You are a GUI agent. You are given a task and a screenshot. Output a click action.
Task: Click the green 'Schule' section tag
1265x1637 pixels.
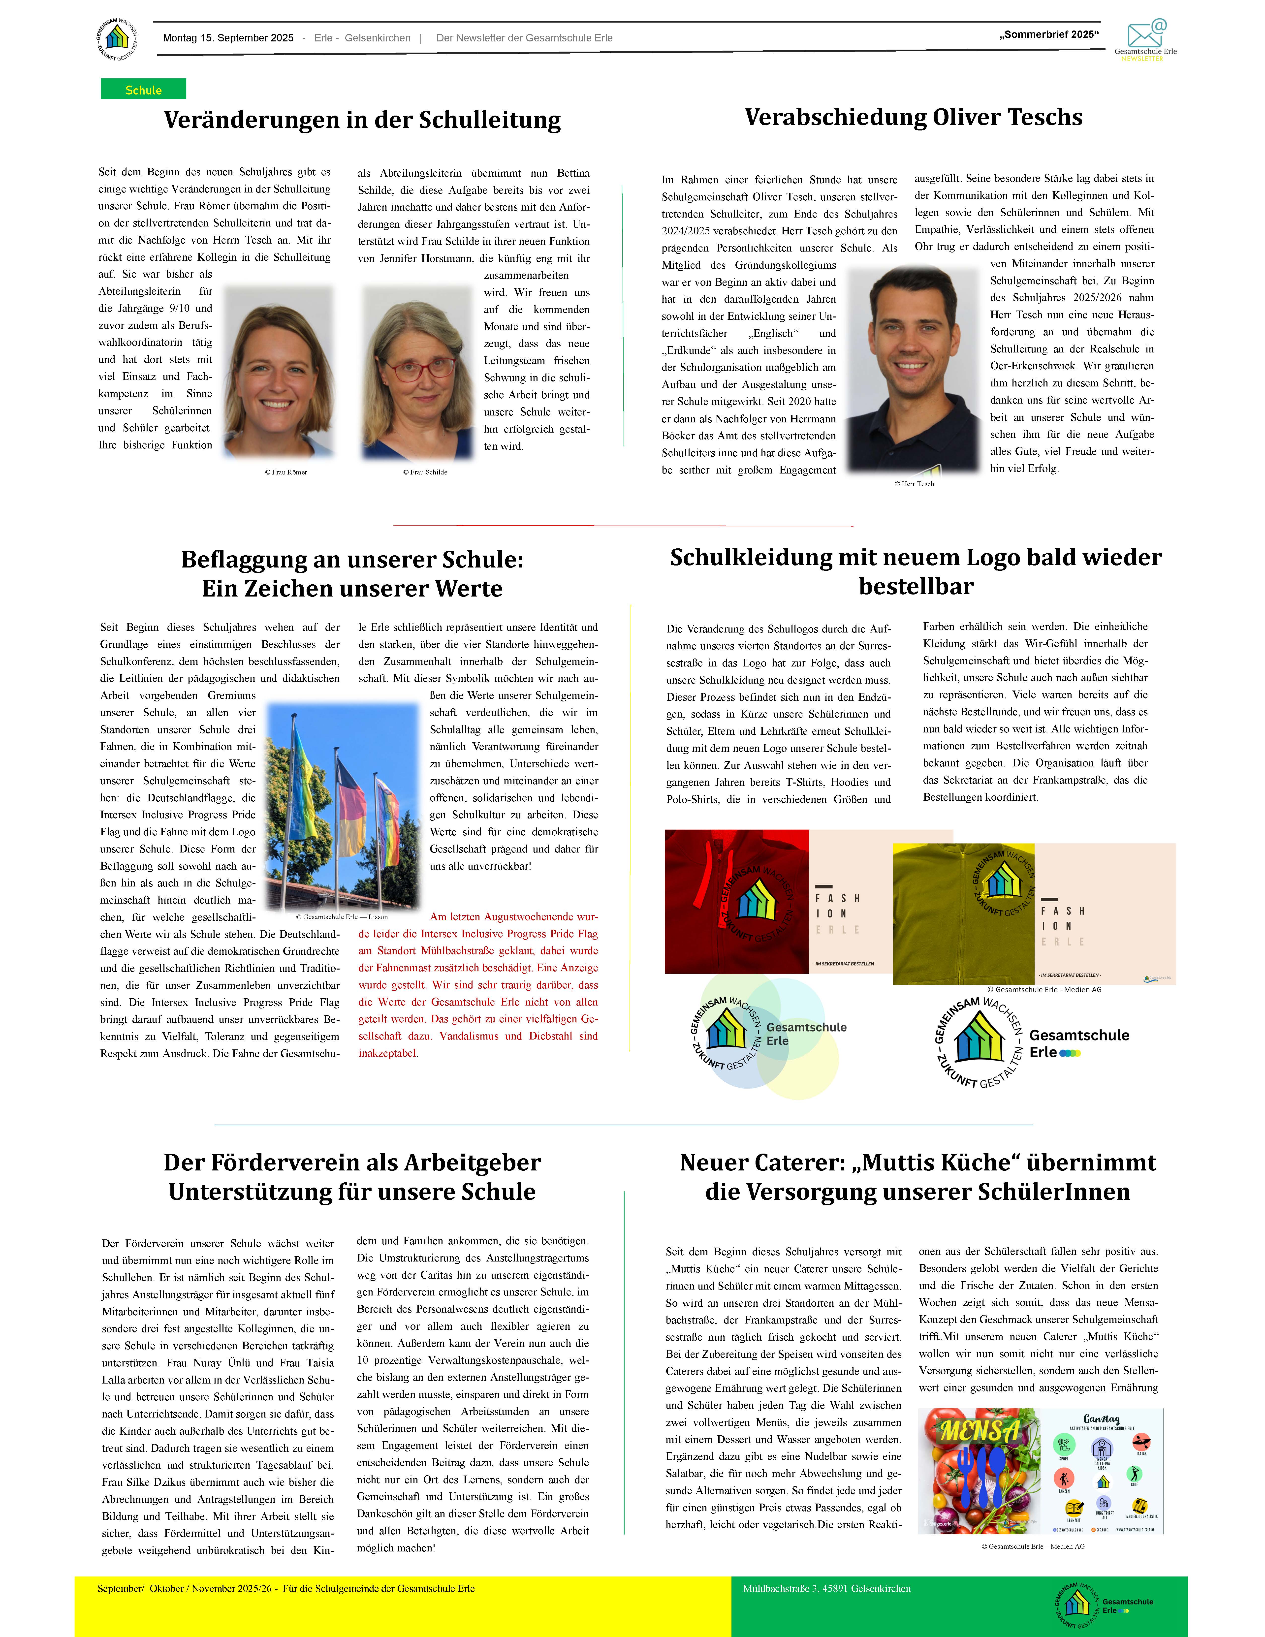pyautogui.click(x=143, y=89)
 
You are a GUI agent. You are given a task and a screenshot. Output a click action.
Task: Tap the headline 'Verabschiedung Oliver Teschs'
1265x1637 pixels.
pyautogui.click(x=913, y=118)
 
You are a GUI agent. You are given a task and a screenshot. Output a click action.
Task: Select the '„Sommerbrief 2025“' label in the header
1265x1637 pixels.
pyautogui.click(x=1048, y=34)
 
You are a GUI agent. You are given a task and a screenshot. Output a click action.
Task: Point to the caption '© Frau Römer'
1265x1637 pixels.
pyautogui.click(x=285, y=472)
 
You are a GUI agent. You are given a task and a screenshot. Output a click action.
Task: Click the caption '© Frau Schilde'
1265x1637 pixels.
pyautogui.click(x=425, y=472)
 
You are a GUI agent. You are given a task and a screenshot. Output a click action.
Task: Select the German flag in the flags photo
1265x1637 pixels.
pyautogui.click(x=350, y=812)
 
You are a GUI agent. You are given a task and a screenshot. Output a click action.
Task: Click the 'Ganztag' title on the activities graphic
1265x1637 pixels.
pyautogui.click(x=1101, y=1418)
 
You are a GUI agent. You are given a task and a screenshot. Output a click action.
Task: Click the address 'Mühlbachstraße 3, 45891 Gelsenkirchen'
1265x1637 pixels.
pyautogui.click(x=827, y=1588)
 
